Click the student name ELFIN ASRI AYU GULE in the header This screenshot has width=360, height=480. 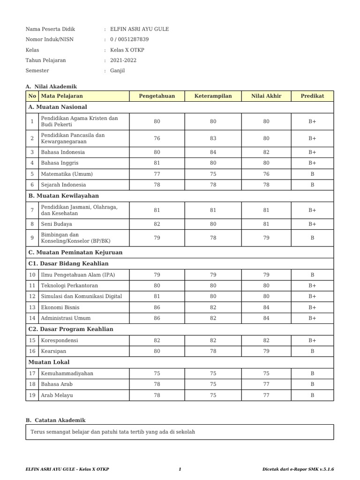(x=139, y=29)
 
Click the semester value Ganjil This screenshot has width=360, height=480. (x=117, y=71)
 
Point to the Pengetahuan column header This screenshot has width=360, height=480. (x=157, y=96)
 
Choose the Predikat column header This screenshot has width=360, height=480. (x=312, y=96)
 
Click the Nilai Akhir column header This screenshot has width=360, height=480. (x=266, y=96)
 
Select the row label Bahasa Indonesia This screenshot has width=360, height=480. (x=63, y=152)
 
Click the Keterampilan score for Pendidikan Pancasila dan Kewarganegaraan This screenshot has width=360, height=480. (x=213, y=138)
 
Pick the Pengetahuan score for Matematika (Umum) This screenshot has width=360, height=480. (x=157, y=174)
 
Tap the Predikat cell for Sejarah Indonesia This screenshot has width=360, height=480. (x=312, y=185)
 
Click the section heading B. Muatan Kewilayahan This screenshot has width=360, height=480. (x=63, y=195)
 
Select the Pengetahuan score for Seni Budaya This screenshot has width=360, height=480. (x=157, y=225)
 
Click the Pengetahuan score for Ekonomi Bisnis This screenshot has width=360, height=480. (x=157, y=307)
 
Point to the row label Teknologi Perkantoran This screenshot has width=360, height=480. (x=69, y=285)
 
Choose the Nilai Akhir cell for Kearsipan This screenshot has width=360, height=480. (x=266, y=352)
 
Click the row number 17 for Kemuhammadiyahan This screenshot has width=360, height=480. (x=32, y=374)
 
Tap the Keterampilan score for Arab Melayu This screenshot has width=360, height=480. (x=213, y=395)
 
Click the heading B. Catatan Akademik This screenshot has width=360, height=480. (x=55, y=420)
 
